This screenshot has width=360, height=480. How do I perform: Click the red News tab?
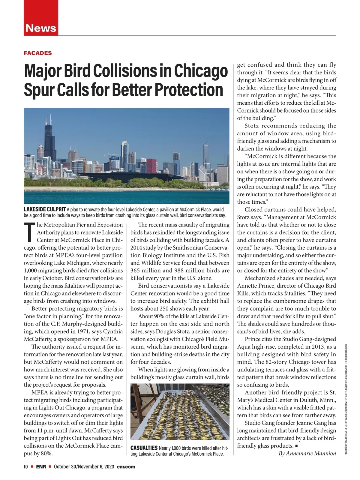41,28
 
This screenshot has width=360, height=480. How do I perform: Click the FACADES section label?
38,53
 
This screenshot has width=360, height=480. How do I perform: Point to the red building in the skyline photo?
151,166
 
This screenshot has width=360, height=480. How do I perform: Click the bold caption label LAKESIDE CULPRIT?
45,209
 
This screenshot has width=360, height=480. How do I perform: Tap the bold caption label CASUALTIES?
144,448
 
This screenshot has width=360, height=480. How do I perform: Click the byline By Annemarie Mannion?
307,453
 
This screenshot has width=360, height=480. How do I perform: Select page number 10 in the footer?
26,466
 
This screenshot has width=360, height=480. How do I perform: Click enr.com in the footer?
126,466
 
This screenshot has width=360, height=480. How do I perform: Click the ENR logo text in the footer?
41,466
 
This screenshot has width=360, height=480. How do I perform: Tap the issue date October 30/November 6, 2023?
84,466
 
